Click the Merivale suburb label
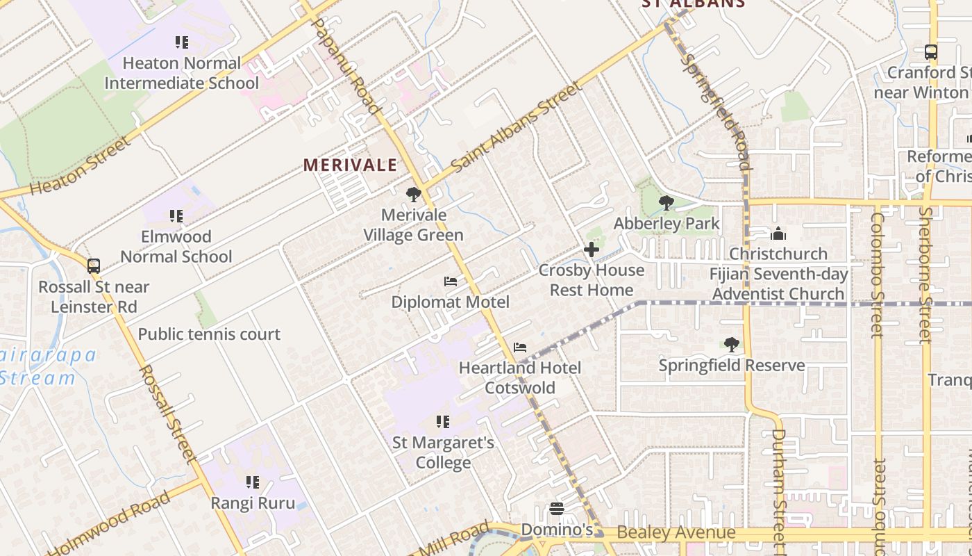[x=350, y=165]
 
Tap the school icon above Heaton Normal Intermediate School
[x=181, y=42]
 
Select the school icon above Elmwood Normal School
[x=176, y=216]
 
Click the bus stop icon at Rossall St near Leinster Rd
[x=94, y=265]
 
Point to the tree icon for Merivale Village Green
[x=414, y=195]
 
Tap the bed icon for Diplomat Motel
[x=451, y=281]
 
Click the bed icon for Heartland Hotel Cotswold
[x=520, y=347]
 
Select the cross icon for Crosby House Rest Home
[x=592, y=250]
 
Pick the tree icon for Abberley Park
[x=667, y=203]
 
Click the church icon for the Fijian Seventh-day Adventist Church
[x=778, y=234]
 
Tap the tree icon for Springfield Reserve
[x=731, y=345]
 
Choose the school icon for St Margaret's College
[x=442, y=422]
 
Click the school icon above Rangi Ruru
[x=253, y=482]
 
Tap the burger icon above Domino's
[x=556, y=509]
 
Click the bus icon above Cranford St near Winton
[x=931, y=52]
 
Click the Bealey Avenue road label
[x=676, y=533]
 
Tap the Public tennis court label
[x=209, y=334]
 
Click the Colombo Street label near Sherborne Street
[x=878, y=275]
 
